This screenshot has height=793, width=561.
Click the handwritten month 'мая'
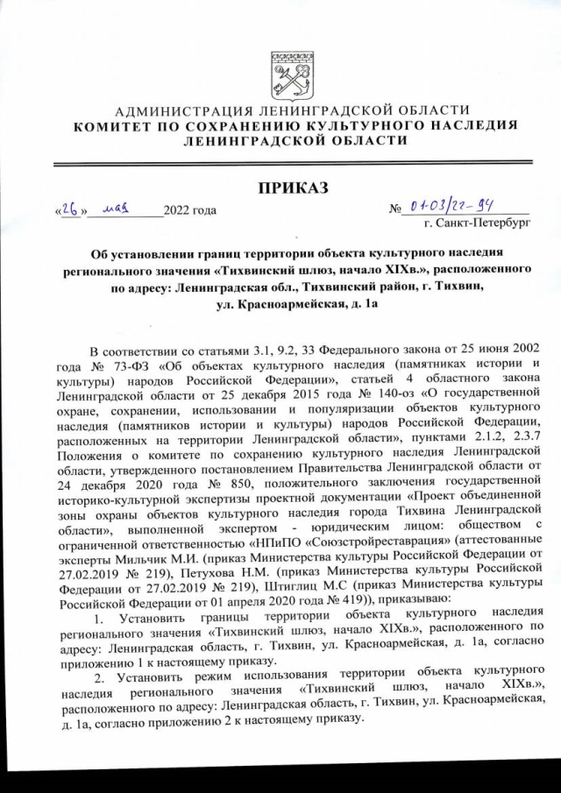tap(116, 210)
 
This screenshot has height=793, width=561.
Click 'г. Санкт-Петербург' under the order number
tap(474, 224)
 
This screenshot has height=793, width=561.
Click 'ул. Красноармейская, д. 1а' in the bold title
tap(290, 303)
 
